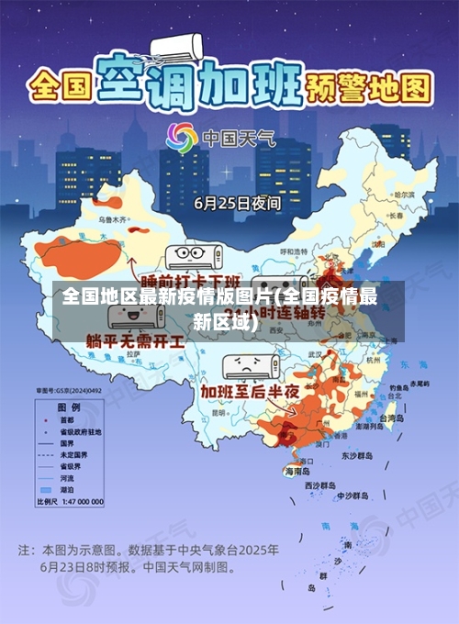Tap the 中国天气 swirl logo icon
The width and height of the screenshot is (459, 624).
point(181,139)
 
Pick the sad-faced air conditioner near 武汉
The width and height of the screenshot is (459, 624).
point(249,364)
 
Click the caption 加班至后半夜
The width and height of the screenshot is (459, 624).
point(250,392)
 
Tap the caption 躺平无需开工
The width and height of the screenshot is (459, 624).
point(135,340)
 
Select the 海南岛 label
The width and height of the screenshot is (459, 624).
point(299,471)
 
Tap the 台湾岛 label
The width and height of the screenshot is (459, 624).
point(391,418)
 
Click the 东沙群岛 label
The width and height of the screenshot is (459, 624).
point(359,455)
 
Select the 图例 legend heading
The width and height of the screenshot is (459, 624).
point(69,407)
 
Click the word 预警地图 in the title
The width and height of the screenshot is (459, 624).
point(376,89)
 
